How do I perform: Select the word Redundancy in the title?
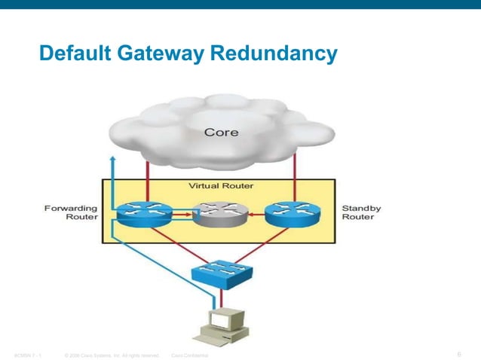272,54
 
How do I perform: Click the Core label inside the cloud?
222,133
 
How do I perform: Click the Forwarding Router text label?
75,212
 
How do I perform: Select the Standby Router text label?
362,212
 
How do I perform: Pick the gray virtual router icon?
219,216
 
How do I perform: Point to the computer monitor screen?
219,321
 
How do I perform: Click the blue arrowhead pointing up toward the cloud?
112,160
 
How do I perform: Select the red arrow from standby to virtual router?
255,216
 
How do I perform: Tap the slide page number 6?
459,353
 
